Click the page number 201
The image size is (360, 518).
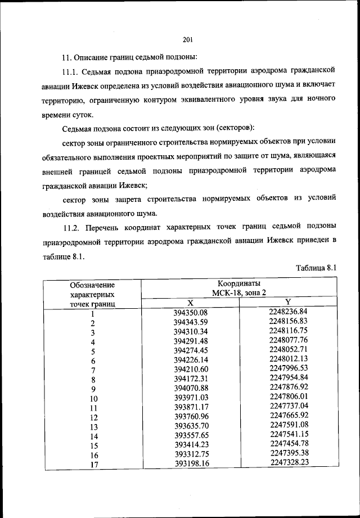coord(188,39)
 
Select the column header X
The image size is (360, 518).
coord(190,302)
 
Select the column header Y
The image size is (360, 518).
coord(287,302)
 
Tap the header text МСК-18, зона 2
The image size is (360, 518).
coord(238,292)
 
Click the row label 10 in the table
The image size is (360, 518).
coord(93,399)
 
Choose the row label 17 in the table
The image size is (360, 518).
coord(93,465)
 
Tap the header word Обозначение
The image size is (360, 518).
coord(92,285)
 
